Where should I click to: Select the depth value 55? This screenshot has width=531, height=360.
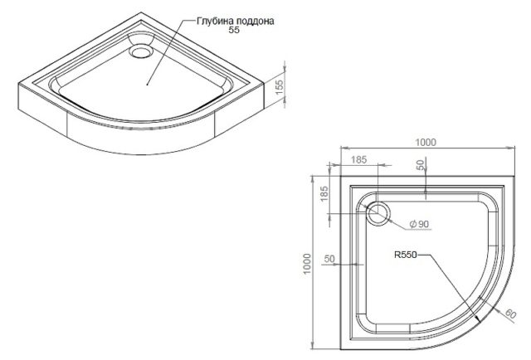click(234, 30)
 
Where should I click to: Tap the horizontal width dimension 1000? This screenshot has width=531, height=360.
click(426, 143)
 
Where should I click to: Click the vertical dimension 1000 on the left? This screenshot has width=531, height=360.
click(307, 264)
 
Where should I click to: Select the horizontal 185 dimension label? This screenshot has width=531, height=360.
click(358, 159)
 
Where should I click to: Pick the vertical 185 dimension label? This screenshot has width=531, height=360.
click(324, 194)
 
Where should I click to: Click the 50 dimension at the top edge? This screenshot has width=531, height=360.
click(421, 165)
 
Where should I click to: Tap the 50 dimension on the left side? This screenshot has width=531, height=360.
click(329, 259)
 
